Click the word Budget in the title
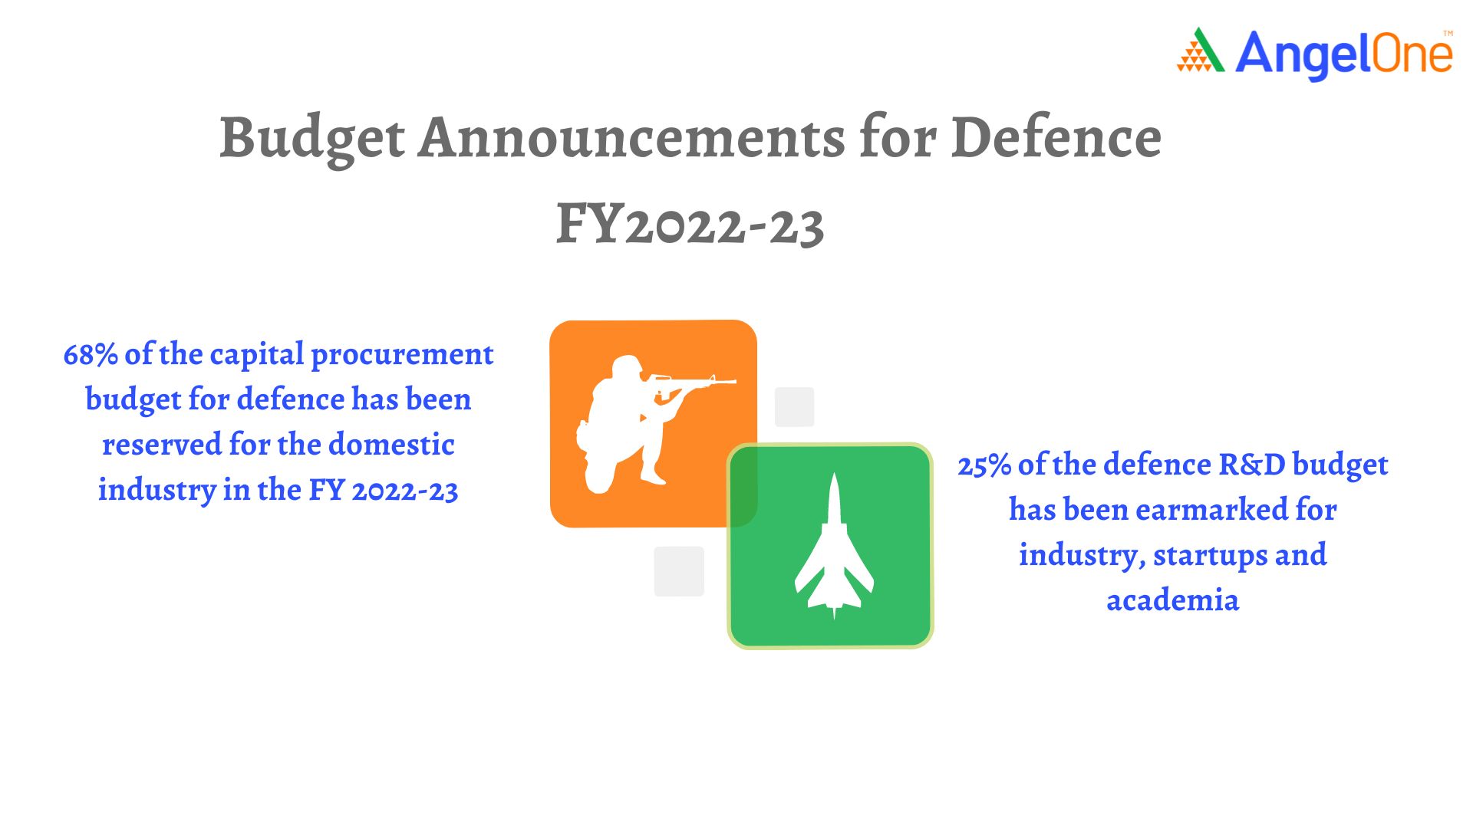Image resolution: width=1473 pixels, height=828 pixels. coord(312,140)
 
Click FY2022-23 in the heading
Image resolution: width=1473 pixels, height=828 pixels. coord(690,225)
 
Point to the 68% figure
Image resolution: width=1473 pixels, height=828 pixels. coord(91,355)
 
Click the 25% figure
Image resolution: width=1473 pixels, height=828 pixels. coord(984,465)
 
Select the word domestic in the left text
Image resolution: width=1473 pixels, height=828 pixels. coord(391,445)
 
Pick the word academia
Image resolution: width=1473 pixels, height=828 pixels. coord(1173,600)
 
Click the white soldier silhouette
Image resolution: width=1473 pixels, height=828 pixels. coord(644,424)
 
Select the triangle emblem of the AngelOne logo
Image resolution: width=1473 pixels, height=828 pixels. coord(1201,51)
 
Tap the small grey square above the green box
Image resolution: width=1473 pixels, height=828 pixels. coord(794,407)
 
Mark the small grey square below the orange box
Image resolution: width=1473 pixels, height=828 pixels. coord(679,571)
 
